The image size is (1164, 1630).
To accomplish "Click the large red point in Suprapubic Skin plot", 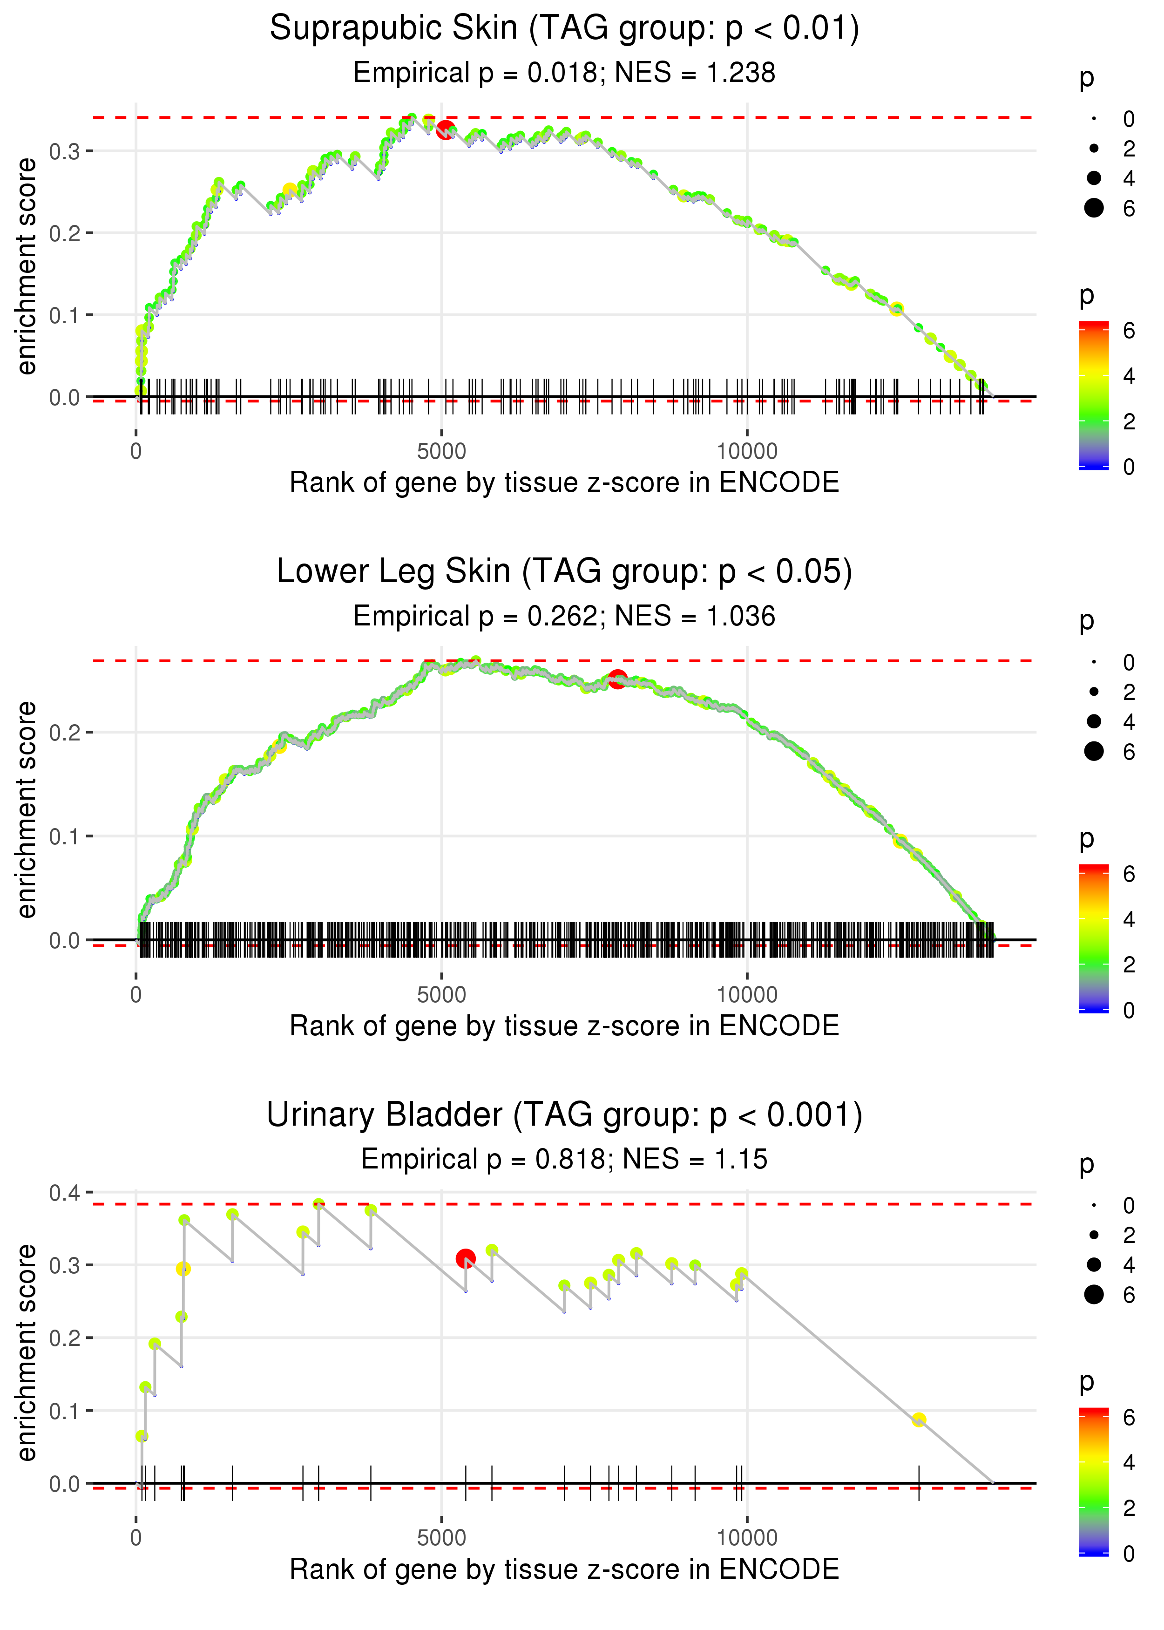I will [446, 130].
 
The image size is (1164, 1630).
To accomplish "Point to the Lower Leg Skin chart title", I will [564, 572].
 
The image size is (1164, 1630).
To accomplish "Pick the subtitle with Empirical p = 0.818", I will [564, 1159].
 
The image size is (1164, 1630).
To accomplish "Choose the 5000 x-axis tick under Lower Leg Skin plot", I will [441, 995].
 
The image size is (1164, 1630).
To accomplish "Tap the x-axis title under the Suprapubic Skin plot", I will [564, 483].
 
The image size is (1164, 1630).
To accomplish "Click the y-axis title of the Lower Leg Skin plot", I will [27, 810].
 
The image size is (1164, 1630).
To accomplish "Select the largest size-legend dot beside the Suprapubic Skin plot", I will [1094, 208].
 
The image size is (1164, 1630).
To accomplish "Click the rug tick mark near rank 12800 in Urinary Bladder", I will [919, 1483].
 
